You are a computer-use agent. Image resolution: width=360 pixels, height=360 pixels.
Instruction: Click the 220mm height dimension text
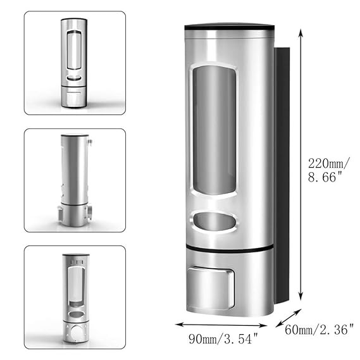coord(329,164)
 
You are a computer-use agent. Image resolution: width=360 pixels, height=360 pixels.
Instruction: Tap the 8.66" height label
coord(325,177)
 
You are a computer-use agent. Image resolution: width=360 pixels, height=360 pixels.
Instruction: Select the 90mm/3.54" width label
coord(223,338)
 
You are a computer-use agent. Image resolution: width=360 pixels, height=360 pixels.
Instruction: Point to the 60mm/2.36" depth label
coord(320,330)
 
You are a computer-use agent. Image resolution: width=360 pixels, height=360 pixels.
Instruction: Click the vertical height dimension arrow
coord(301,165)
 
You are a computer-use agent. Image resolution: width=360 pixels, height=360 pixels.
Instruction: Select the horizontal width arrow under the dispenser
coord(221,325)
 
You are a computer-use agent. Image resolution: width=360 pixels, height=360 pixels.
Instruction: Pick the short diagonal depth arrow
coord(289,318)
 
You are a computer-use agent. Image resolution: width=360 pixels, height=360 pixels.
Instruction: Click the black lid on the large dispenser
coord(230,27)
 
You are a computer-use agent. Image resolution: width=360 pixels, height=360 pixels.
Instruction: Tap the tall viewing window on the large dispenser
coord(214,130)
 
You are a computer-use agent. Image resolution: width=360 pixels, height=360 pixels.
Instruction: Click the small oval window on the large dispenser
coord(214,221)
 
